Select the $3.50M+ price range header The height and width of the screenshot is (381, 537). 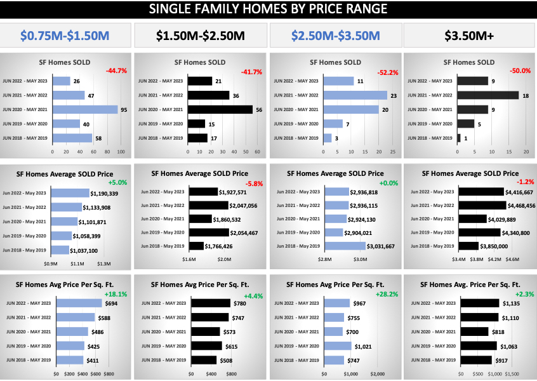click(x=469, y=36)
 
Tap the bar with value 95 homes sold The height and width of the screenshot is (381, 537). click(x=85, y=109)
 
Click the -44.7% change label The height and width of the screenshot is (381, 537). click(x=116, y=71)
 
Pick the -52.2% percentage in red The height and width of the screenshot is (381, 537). click(x=387, y=72)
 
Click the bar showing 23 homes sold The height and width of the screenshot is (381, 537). click(x=355, y=95)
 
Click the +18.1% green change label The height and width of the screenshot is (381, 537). click(x=116, y=294)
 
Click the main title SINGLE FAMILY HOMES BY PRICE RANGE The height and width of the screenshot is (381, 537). click(x=268, y=10)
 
